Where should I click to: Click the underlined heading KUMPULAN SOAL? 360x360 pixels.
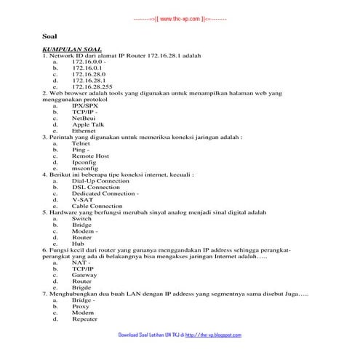click(71, 49)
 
